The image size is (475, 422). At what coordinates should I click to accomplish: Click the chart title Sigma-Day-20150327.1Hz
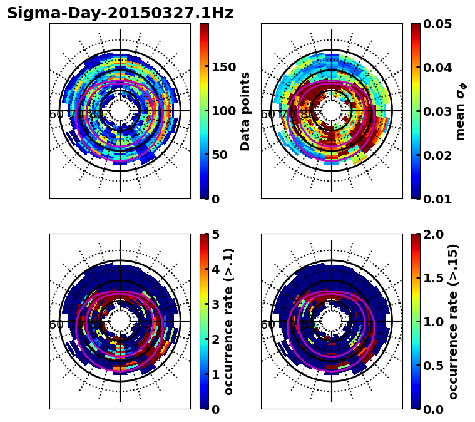pyautogui.click(x=120, y=14)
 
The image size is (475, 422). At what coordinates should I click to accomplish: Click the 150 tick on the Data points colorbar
pyautogui.click(x=223, y=68)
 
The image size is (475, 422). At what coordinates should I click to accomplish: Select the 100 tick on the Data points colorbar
pyautogui.click(x=223, y=111)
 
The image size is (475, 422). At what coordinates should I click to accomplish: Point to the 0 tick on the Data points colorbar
pyautogui.click(x=216, y=199)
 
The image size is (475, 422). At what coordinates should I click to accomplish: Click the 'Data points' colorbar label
pyautogui.click(x=245, y=111)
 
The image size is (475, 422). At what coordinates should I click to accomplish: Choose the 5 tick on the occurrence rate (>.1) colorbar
pyautogui.click(x=216, y=234)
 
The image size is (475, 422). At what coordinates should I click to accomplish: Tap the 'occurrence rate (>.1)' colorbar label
pyautogui.click(x=229, y=321)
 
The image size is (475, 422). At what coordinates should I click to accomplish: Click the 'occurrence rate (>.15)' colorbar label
pyautogui.click(x=453, y=321)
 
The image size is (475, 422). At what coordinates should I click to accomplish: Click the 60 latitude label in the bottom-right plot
pyautogui.click(x=267, y=325)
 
